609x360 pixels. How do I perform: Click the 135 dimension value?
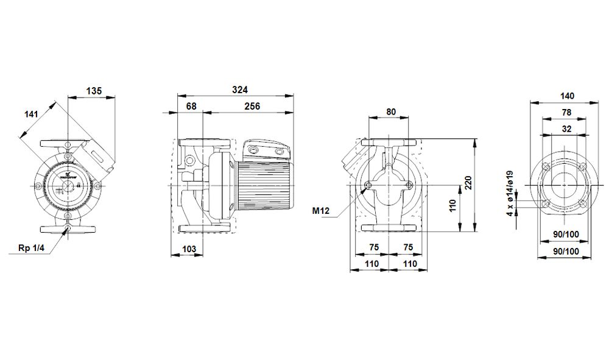93,91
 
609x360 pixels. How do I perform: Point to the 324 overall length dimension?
241,90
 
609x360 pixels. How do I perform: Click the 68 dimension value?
190,107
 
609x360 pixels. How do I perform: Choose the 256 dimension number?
252,107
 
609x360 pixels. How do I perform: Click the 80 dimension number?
391,111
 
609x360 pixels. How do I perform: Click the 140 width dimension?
566,96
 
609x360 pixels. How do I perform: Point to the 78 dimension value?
566,113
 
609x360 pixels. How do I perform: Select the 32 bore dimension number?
566,129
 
